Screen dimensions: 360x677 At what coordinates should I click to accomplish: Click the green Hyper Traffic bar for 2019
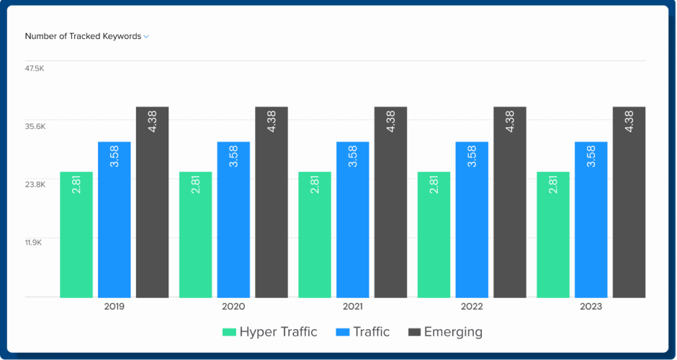point(76,235)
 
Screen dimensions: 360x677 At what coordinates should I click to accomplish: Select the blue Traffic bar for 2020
point(233,220)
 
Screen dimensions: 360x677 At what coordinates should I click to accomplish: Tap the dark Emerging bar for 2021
point(390,202)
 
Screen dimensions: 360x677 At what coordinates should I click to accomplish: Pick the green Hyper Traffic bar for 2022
point(434,235)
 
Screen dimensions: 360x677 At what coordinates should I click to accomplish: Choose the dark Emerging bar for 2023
point(629,202)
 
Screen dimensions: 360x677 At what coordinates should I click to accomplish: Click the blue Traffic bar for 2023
point(591,220)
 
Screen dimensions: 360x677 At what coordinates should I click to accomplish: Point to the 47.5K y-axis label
point(35,69)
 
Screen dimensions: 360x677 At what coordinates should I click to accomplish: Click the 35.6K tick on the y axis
point(35,127)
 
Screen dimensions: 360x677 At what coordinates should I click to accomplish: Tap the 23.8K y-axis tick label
point(35,184)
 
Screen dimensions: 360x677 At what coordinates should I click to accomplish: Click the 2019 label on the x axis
point(115,307)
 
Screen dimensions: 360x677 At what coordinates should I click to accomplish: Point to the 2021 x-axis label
point(353,307)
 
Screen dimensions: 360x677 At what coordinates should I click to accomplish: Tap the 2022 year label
point(472,307)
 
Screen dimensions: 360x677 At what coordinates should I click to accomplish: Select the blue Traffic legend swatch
point(342,332)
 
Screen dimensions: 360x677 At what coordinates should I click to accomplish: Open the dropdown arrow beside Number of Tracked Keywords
point(146,37)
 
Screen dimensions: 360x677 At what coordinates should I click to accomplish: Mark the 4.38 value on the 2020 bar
point(272,122)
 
